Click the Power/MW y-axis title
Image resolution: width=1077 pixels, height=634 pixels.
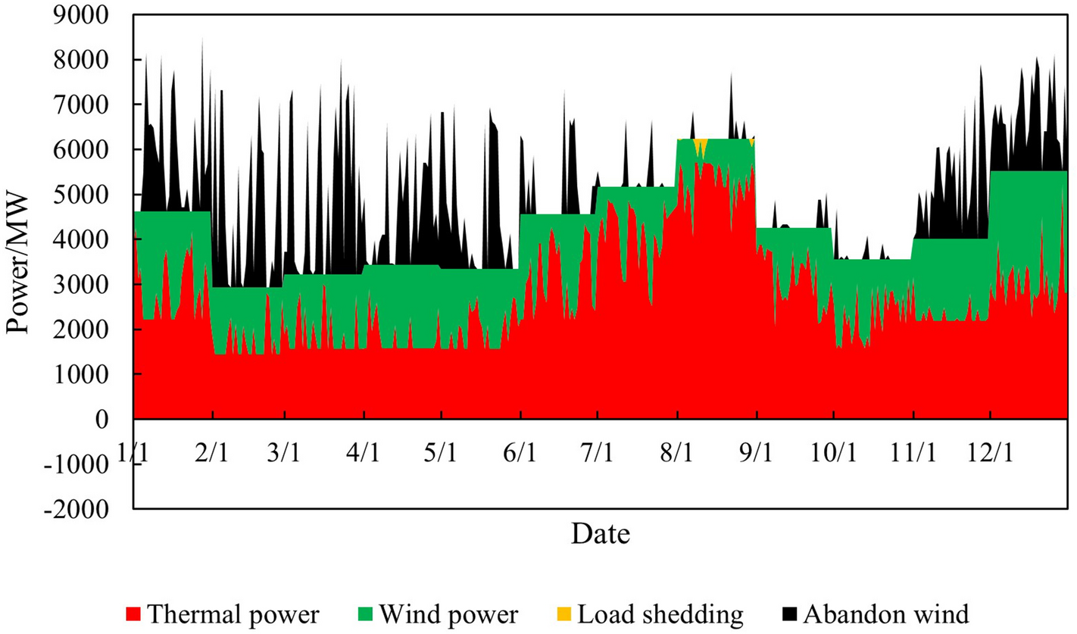[21, 261]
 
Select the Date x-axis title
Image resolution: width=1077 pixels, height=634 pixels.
[601, 534]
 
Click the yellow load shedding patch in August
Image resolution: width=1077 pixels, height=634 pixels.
[701, 144]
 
